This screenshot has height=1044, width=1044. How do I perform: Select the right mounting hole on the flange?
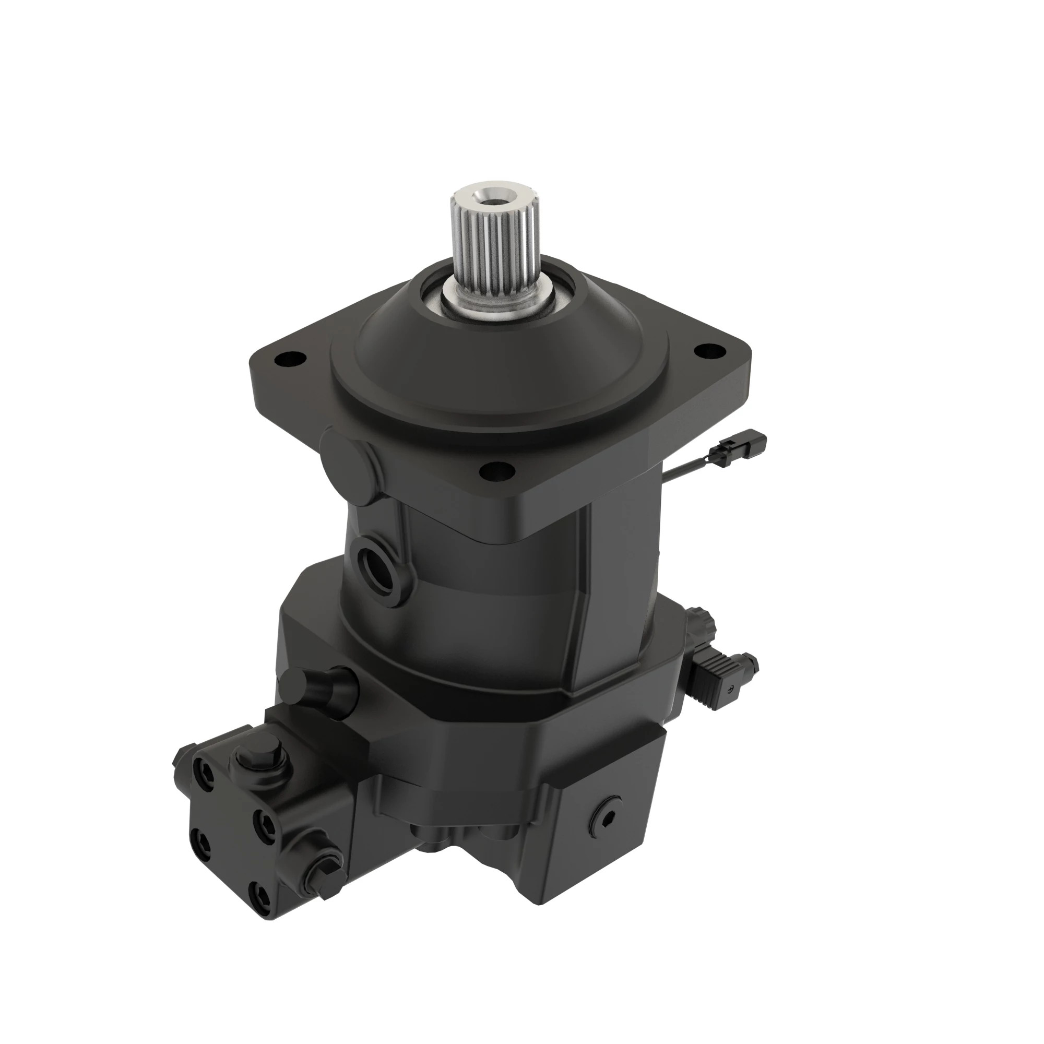[710, 351]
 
